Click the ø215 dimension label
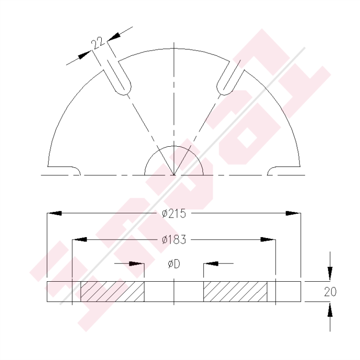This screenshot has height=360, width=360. [x=174, y=214]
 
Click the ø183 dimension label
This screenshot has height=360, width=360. [x=174, y=240]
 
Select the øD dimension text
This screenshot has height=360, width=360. [x=174, y=264]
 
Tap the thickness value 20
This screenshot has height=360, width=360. [x=330, y=292]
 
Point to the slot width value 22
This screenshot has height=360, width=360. [x=97, y=44]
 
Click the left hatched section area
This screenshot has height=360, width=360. [x=112, y=292]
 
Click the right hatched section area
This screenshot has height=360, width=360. [x=235, y=292]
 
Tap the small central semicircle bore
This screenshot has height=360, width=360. [x=174, y=162]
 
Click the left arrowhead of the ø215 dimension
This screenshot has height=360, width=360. [x=53, y=214]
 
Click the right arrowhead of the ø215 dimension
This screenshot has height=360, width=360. [x=294, y=214]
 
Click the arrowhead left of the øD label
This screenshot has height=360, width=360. [x=138, y=264]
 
